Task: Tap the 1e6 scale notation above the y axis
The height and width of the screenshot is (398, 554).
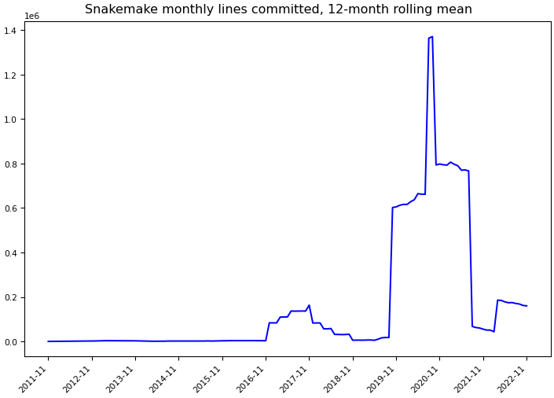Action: click(x=31, y=16)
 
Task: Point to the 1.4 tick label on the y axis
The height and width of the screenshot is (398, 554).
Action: click(x=13, y=30)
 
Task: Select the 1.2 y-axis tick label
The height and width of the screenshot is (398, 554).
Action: click(x=13, y=75)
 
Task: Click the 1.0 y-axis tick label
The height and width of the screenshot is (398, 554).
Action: click(x=13, y=120)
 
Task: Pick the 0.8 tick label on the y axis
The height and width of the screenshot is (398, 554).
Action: click(x=13, y=164)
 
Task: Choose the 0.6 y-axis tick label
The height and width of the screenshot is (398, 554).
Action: click(x=13, y=208)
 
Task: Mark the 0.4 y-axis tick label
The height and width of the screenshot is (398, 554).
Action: click(x=13, y=253)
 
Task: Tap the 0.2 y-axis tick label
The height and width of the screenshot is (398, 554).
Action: click(x=13, y=297)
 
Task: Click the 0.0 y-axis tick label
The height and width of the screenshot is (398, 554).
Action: click(x=13, y=342)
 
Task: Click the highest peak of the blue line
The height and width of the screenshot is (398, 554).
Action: click(x=432, y=37)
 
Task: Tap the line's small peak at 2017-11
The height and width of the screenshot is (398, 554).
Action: click(x=309, y=305)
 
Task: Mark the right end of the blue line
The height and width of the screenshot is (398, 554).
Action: click(x=526, y=306)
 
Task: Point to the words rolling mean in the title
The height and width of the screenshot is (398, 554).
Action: click(x=432, y=9)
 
